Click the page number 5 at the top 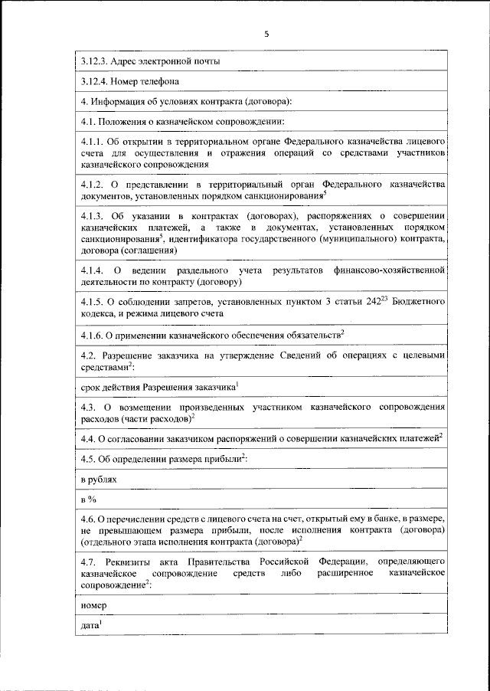(x=266, y=34)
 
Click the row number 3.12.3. (x=95, y=62)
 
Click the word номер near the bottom (x=94, y=606)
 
